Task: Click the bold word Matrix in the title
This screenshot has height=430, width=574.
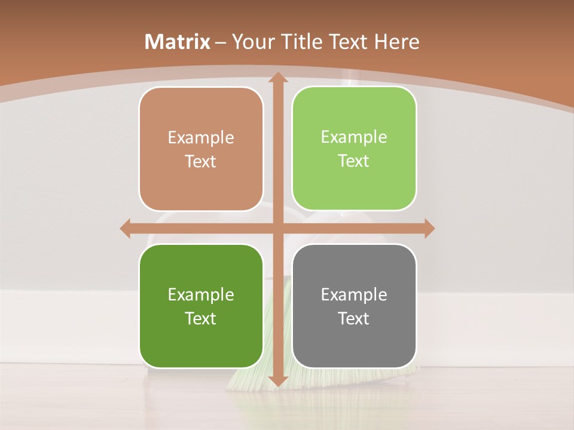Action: click(178, 42)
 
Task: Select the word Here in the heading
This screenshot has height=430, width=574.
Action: click(396, 42)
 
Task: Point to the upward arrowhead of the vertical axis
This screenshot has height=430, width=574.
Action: click(277, 78)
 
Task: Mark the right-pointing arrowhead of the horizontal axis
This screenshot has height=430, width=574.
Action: click(428, 229)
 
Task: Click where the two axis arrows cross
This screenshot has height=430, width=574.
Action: click(277, 229)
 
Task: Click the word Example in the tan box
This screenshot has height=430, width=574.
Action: click(201, 138)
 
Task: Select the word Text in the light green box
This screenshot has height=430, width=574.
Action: click(354, 161)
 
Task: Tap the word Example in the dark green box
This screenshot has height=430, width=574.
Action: click(201, 294)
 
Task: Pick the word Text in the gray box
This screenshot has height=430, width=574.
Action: click(354, 318)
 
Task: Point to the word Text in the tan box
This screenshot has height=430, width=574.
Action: click(201, 162)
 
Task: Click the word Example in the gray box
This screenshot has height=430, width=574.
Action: click(354, 294)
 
